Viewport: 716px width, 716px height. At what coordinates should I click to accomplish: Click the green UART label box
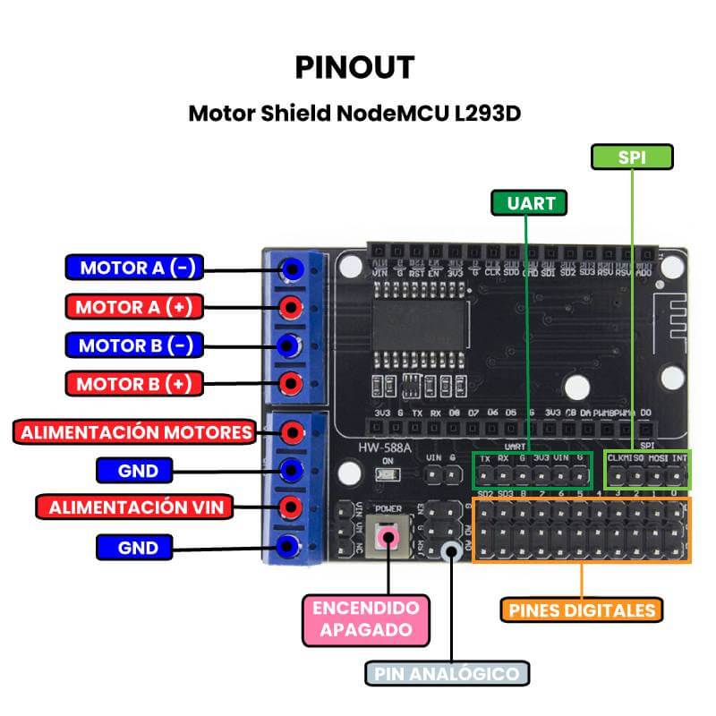coord(530,203)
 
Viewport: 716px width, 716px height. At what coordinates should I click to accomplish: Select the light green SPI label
coord(632,157)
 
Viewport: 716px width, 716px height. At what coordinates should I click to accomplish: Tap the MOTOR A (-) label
coord(135,268)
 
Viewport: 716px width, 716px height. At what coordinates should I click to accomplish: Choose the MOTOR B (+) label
coord(134,384)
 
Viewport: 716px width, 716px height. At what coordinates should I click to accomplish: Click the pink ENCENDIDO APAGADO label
coord(365,618)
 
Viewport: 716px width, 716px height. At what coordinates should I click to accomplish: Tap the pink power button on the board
coord(388,537)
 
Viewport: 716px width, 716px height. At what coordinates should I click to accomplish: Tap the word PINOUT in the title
coord(354,67)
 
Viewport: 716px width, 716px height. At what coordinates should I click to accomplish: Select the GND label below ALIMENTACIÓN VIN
coord(138,547)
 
